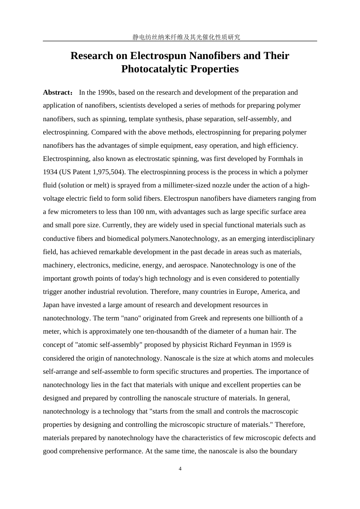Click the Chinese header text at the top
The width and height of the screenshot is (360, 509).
point(180,37)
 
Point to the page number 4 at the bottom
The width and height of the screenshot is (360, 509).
point(180,469)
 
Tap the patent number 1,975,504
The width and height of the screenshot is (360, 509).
point(108,172)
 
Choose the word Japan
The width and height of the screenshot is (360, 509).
point(51,305)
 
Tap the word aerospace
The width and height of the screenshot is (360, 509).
point(193,265)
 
